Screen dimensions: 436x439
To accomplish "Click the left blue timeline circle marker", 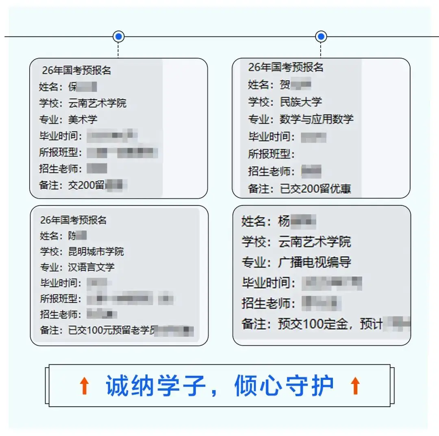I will [x=118, y=37].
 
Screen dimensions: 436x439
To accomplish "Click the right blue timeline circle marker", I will [x=321, y=37].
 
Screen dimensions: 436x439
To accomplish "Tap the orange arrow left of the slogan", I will [x=85, y=386].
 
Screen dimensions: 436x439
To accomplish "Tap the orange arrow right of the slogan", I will [x=355, y=386].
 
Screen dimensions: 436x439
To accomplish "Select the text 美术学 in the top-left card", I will [x=83, y=120].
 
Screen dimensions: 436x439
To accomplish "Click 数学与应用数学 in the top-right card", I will [x=317, y=119].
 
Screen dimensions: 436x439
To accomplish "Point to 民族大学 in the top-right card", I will [x=301, y=102].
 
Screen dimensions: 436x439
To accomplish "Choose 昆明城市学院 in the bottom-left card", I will [x=96, y=251].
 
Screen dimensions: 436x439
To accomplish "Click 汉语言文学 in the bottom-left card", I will [x=91, y=267].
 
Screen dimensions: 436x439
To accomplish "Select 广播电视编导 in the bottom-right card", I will [x=315, y=262].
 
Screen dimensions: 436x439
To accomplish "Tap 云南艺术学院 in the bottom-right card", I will [x=315, y=242].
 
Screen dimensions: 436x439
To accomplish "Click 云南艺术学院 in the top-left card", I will [x=98, y=103].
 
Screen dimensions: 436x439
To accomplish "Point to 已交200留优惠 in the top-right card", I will [x=315, y=189].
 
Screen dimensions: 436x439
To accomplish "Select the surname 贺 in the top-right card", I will [x=285, y=85].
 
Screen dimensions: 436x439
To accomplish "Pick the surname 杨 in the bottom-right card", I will [x=284, y=222].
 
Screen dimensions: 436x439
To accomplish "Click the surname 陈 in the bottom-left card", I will [x=72, y=235].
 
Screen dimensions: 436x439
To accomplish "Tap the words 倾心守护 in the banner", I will [x=284, y=386].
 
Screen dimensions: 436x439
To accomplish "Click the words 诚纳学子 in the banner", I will [x=156, y=386].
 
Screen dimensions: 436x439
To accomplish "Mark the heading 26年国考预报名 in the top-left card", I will [x=76, y=70].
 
